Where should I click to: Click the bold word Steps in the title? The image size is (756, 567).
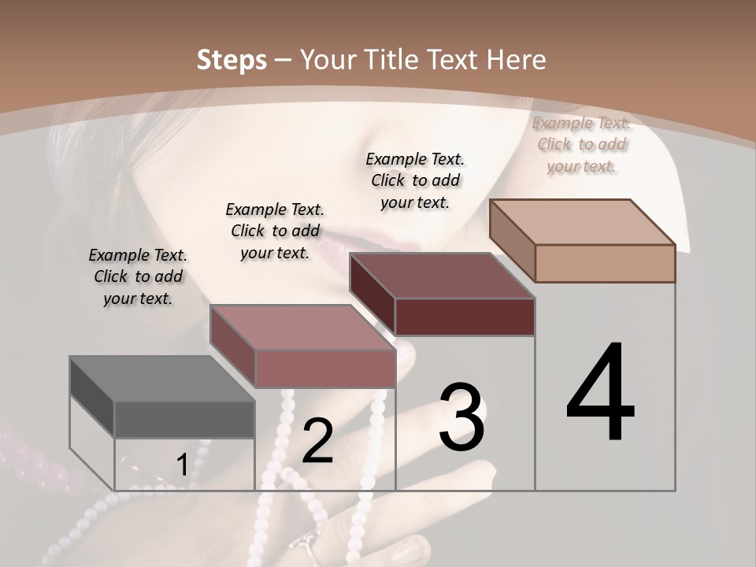tap(232, 59)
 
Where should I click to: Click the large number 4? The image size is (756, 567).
tap(600, 394)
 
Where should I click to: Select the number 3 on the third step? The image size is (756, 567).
tap(461, 417)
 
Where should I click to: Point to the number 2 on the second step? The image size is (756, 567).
tap(317, 441)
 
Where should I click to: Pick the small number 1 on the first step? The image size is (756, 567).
tap(182, 465)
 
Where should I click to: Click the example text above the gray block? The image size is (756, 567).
tap(138, 276)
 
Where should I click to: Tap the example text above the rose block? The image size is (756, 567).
tap(275, 231)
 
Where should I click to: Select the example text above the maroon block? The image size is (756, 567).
tap(415, 180)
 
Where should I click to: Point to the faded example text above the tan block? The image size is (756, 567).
tap(581, 144)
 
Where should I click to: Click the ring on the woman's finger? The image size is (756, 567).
tap(304, 544)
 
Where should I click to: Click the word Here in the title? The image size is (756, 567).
tap(515, 59)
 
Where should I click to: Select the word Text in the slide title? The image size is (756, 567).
tap(453, 59)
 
